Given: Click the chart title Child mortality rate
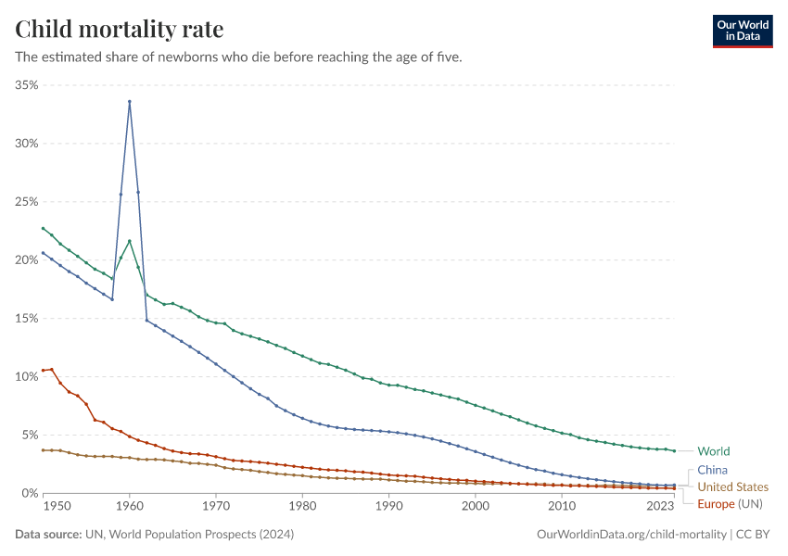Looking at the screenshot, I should (120, 29).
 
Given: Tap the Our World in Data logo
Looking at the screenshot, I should (742, 31).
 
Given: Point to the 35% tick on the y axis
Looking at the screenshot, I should (26, 85).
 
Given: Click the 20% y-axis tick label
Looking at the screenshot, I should (26, 260).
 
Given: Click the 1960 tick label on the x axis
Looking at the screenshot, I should (130, 507).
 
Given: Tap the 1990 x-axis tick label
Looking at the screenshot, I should (388, 507).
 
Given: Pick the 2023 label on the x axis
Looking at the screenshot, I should (661, 507).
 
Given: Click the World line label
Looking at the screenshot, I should (713, 452).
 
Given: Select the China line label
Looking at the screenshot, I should (712, 471).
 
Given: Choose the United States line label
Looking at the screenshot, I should (732, 486).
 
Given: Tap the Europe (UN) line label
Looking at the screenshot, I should (728, 503).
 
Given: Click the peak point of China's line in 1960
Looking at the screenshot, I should (130, 101).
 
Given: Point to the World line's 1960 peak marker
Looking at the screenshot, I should (130, 241).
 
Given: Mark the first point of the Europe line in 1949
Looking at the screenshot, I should (43, 371).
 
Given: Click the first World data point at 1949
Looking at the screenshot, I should (43, 228).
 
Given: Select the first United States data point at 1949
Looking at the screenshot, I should (43, 450).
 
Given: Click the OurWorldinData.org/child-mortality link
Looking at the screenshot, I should (631, 535).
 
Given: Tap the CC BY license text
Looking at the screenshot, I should (755, 535).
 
